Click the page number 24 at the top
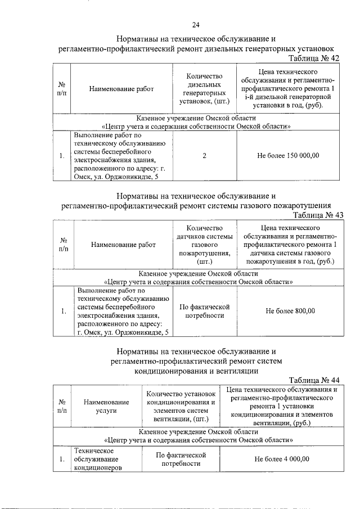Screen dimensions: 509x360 click(195, 25)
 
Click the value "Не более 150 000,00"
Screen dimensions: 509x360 click(288, 156)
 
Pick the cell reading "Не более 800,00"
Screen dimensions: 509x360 click(290, 311)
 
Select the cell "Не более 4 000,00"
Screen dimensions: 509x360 click(282, 459)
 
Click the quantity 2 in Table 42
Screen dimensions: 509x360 click(204, 156)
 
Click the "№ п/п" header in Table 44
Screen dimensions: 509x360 click(62, 407)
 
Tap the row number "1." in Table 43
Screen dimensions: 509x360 click(64, 311)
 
